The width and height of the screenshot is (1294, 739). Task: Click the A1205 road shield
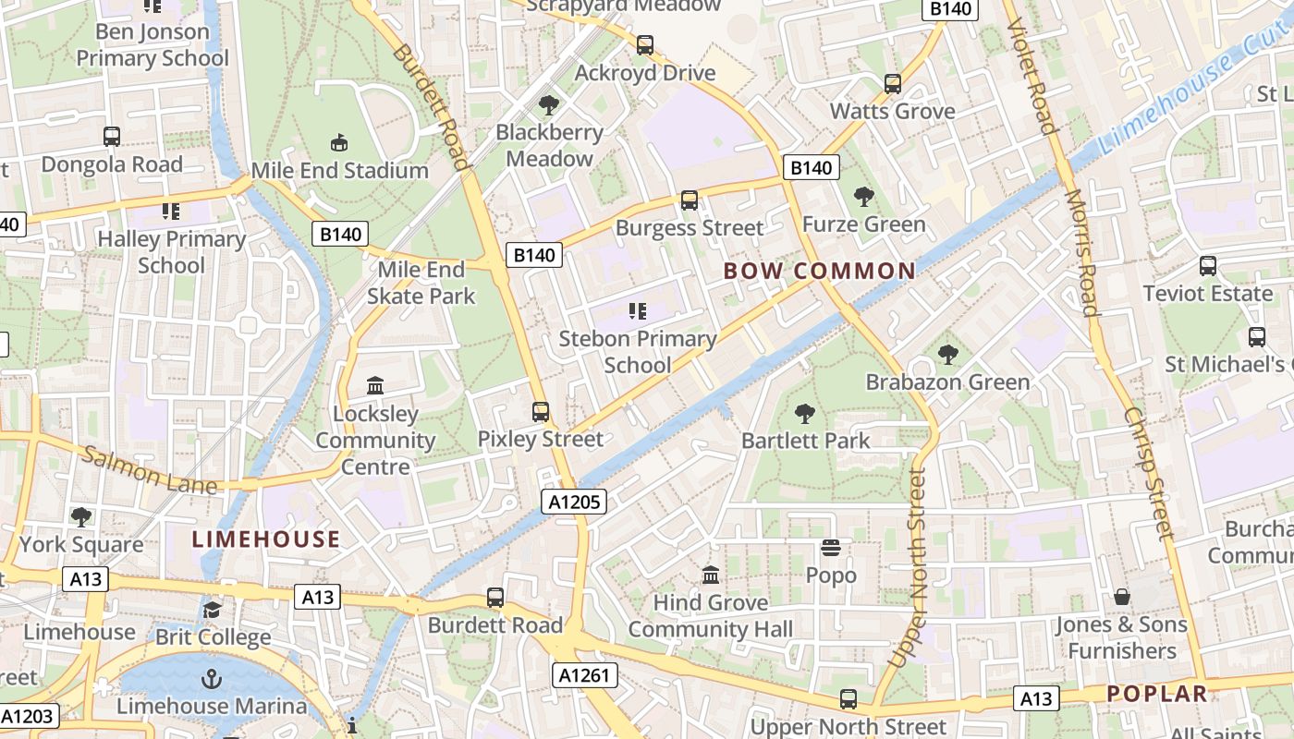point(573,502)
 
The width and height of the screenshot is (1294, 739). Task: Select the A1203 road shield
point(28,716)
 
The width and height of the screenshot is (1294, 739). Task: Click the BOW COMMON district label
point(819,271)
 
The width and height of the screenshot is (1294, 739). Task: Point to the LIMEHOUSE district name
point(266,539)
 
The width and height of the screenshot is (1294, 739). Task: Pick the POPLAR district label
point(1157,694)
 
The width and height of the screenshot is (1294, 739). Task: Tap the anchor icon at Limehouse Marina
point(212,679)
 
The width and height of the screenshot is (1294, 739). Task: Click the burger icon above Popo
point(831,549)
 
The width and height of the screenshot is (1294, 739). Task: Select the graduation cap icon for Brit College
point(213,610)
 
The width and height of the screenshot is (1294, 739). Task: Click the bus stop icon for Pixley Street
point(541,412)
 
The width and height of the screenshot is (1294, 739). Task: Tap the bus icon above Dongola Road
point(112,137)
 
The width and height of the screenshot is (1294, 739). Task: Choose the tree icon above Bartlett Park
point(805,413)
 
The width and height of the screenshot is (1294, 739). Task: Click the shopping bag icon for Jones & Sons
point(1121,598)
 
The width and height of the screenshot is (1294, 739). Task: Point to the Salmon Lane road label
point(150,469)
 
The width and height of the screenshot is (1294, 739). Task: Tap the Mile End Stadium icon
point(339,143)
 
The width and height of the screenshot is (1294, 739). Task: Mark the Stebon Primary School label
point(638,352)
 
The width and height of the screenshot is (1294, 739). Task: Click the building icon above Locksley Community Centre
point(375,385)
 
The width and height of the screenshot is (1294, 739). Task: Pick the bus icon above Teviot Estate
point(1207,266)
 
